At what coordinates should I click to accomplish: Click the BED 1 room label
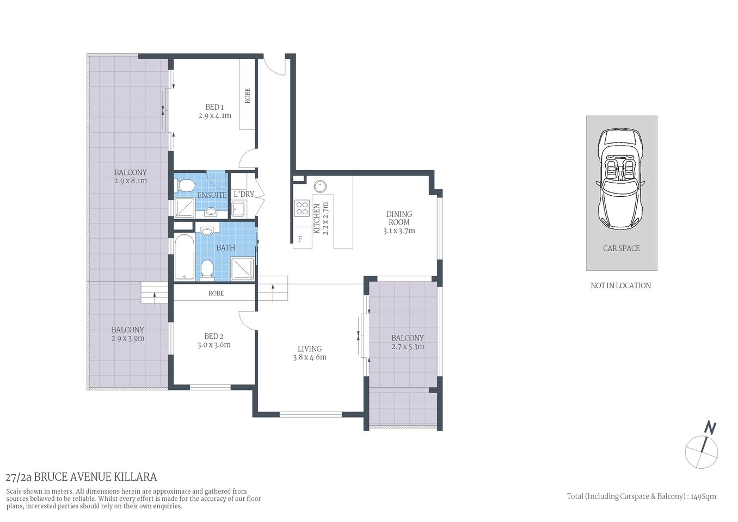(x=214, y=107)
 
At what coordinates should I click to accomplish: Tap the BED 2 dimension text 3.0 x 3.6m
(x=214, y=345)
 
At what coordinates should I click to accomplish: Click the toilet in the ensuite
(x=186, y=187)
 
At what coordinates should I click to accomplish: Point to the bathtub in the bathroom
(x=184, y=257)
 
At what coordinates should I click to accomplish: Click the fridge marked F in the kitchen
(x=300, y=239)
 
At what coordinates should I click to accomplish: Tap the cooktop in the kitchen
(x=302, y=208)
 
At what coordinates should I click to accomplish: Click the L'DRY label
(x=243, y=194)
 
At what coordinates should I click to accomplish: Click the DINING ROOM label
(x=399, y=218)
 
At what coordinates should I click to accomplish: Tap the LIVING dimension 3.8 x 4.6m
(x=310, y=357)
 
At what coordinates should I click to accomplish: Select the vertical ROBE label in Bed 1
(x=248, y=96)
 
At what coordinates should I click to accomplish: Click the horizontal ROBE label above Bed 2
(x=216, y=293)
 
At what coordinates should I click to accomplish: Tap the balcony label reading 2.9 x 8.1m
(x=131, y=181)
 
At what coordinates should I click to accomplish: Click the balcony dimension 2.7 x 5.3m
(x=408, y=346)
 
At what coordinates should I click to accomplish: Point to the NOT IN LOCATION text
(x=620, y=285)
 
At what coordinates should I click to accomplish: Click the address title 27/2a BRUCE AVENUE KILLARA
(x=81, y=477)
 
